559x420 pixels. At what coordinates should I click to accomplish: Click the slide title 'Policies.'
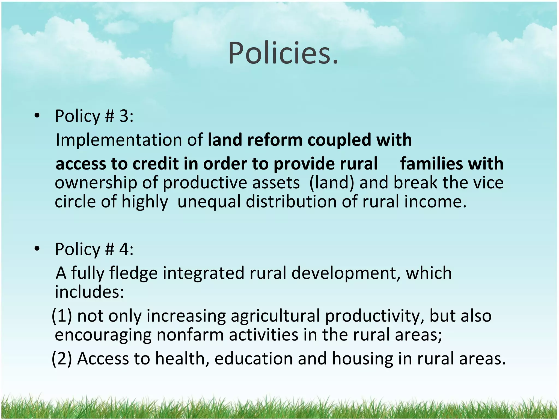pyautogui.click(x=283, y=53)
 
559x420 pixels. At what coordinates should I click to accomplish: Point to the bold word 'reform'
pyautogui.click(x=275, y=140)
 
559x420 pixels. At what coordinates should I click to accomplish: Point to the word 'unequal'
pyautogui.click(x=209, y=202)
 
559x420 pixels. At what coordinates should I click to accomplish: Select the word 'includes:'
pyautogui.click(x=90, y=292)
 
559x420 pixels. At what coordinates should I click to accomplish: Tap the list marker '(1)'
pyautogui.click(x=62, y=316)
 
